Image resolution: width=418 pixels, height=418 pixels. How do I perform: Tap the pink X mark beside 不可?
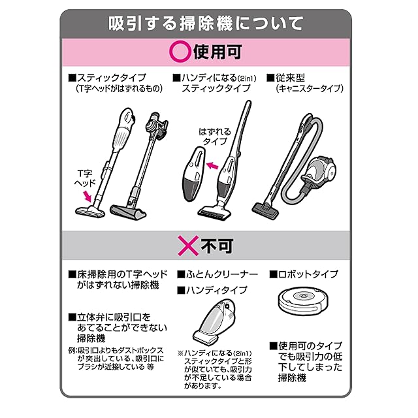point(189,246)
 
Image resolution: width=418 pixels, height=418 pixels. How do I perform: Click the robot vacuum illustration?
point(303,300)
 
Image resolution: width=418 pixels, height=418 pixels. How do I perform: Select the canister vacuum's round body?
point(319,170)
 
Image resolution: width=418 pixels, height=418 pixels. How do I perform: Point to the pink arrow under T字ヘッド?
point(87,196)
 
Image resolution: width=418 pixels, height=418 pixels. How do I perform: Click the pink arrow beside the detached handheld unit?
point(212,166)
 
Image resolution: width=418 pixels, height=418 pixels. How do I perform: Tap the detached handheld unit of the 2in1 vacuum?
point(194,174)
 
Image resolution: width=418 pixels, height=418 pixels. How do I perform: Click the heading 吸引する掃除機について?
point(206,24)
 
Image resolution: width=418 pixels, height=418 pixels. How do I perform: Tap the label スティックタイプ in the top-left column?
point(112,78)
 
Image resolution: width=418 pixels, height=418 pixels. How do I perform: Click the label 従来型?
point(290,78)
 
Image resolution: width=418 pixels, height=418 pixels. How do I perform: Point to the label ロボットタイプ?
point(308,274)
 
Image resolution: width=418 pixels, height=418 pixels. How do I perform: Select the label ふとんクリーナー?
point(222,274)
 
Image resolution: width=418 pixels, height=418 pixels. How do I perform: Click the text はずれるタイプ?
point(215,137)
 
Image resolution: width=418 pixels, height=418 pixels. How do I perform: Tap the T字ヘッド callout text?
point(84,178)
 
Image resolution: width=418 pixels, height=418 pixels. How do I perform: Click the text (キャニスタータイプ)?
point(310,89)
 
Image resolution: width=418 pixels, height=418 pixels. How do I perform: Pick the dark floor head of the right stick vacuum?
point(129,212)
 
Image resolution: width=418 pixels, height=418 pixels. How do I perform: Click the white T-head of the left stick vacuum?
point(90,212)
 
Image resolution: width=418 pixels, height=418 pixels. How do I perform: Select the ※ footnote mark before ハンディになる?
point(180,353)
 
